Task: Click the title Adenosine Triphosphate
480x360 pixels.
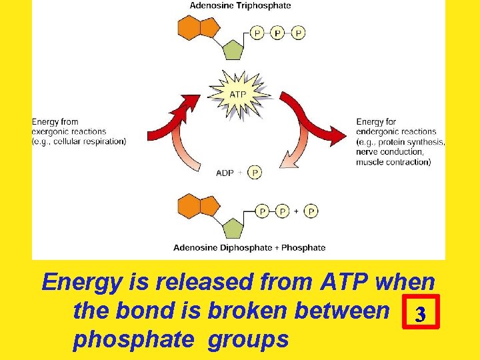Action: coord(241,6)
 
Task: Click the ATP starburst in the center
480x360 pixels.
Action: coord(238,94)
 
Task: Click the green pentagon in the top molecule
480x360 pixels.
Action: coord(233,50)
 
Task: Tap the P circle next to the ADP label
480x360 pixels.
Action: coord(254,173)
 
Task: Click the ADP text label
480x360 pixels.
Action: coord(225,173)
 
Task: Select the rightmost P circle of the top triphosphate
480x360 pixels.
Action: coord(298,32)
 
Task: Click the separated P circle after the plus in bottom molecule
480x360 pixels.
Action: coord(311,211)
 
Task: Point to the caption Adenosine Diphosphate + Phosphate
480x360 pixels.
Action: coord(249,247)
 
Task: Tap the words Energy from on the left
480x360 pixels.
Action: coord(55,122)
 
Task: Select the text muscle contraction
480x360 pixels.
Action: coord(393,161)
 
